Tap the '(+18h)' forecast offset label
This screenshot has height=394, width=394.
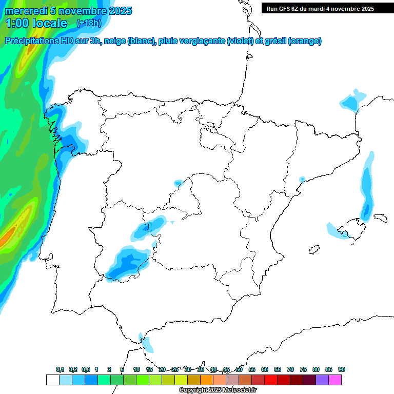(x=89, y=23)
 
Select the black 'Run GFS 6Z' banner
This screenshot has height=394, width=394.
(x=327, y=9)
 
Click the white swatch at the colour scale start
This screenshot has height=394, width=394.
(x=52, y=380)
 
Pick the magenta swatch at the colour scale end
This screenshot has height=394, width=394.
(x=335, y=380)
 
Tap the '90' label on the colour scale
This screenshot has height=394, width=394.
(x=342, y=369)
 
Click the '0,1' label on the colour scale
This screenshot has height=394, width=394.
(x=60, y=369)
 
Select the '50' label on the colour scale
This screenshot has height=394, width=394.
(x=239, y=369)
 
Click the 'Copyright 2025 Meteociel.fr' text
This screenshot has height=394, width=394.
(x=217, y=390)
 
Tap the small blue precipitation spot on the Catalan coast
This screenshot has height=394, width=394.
(x=302, y=179)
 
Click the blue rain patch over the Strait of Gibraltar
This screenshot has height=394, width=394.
(x=147, y=344)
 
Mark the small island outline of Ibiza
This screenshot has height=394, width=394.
(x=312, y=250)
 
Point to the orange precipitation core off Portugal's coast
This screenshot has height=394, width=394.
(x=7, y=237)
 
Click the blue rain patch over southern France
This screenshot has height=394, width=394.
(x=352, y=101)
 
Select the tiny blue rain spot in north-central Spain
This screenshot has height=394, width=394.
(x=178, y=183)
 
